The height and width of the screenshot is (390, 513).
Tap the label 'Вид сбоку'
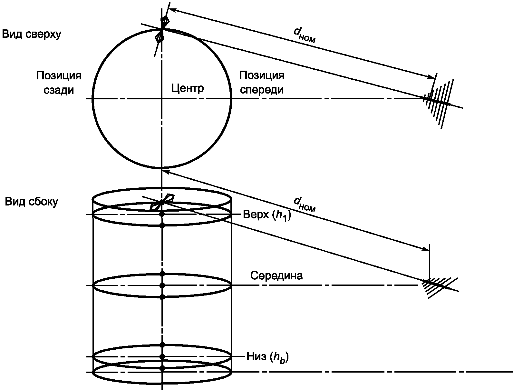32,202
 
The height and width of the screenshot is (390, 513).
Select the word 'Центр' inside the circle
188,88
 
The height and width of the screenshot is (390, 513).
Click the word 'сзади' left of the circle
59,90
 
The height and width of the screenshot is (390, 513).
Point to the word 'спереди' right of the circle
262,90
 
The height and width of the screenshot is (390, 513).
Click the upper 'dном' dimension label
304,35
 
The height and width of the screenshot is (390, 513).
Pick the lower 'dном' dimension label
304,204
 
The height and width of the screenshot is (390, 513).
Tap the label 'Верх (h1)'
267,215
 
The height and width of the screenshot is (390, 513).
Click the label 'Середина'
276,275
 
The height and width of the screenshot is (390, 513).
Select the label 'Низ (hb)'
267,357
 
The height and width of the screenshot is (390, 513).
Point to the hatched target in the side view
438,287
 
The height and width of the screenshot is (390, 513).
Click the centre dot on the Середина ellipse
162,285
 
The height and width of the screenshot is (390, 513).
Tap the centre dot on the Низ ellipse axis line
162,356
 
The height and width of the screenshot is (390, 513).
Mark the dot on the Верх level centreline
162,214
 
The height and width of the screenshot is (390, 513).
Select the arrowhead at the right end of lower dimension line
425,249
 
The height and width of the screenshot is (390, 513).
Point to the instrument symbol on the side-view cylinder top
161,202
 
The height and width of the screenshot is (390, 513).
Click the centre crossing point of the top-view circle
162,98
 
